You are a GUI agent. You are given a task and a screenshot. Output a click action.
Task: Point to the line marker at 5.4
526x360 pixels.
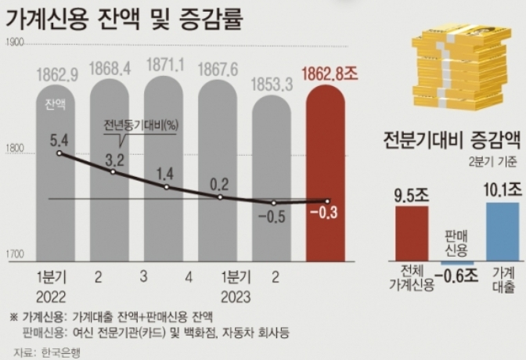[x=59, y=153]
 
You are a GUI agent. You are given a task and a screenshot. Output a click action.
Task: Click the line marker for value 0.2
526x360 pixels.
[x=220, y=197]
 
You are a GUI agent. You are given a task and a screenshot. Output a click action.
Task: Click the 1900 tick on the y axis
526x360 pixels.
[x=16, y=42]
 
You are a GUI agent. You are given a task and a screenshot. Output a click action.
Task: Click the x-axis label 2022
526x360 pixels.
[x=51, y=297]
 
